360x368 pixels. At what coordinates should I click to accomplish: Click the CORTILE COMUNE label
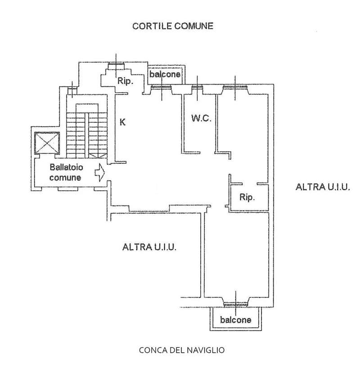172,26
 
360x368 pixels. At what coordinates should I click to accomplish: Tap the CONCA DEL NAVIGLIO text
182,350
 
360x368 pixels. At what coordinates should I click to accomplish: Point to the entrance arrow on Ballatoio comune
100,172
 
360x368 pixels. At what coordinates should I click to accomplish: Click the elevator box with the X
47,144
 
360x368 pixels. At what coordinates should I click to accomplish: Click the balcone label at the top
165,75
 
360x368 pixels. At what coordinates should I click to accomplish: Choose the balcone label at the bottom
236,320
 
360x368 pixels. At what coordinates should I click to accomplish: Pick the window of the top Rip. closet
117,67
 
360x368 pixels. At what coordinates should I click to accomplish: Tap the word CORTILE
148,26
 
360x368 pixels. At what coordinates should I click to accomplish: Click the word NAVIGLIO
208,350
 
